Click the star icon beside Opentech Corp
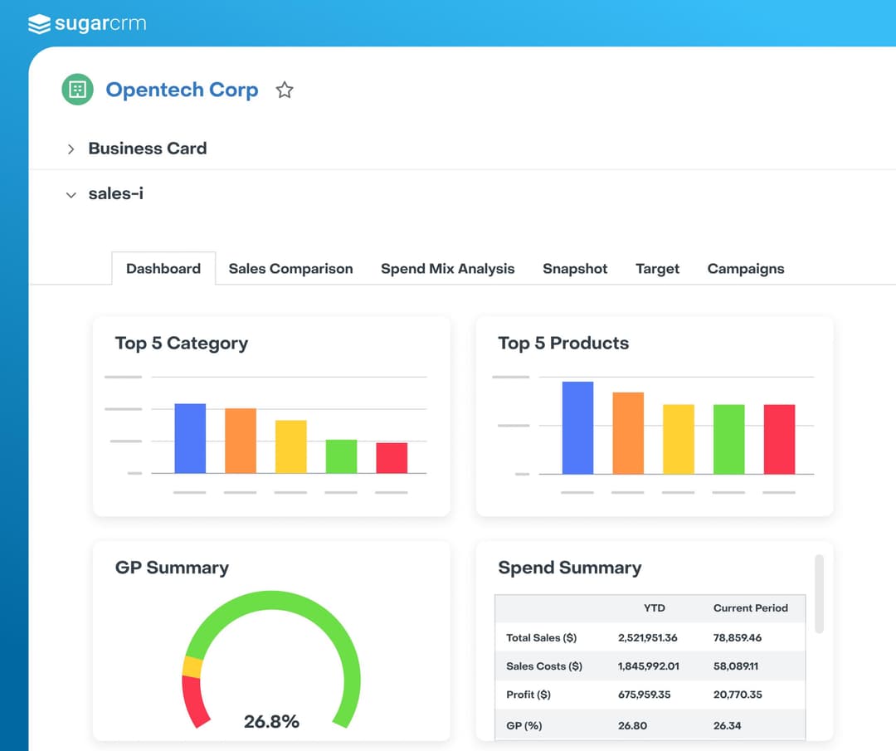pos(285,90)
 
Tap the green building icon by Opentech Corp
pos(78,90)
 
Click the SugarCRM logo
pos(87,23)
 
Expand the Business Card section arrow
pos(71,149)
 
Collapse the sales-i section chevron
pos(71,195)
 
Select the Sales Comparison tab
pos(290,269)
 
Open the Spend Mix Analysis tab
pos(447,269)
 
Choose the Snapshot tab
pos(575,269)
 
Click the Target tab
pos(657,269)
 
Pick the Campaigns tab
pos(745,269)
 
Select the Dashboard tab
pos(163,269)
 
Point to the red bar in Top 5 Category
pos(392,458)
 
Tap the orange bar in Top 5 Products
pos(628,433)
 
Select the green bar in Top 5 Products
pos(729,439)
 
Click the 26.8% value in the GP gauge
pos(271,721)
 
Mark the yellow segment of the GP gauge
pos(192,666)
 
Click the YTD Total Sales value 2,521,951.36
pos(647,638)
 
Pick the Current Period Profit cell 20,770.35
pos(738,695)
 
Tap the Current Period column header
pos(750,608)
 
